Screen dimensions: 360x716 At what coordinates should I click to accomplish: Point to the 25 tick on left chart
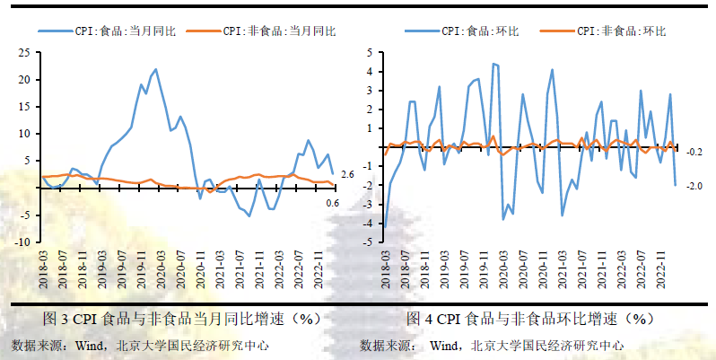pos(26,52)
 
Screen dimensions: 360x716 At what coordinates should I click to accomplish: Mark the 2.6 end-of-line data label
pos(348,174)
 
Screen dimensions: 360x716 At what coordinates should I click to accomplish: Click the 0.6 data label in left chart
pos(332,204)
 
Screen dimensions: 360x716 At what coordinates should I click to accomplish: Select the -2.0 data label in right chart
pos(694,186)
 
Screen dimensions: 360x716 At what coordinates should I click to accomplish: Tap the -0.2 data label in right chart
pos(694,153)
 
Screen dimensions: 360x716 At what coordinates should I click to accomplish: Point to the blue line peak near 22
pos(156,69)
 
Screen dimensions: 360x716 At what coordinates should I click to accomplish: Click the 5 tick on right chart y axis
pos(368,52)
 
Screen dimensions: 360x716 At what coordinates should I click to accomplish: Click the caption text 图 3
pos(57,319)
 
